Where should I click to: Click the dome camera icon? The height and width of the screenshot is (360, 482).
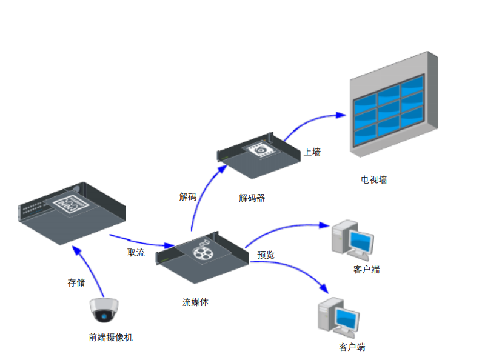tap(103, 311)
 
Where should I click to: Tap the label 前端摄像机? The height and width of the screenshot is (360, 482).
tap(110, 338)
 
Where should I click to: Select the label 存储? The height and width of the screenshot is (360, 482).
tap(76, 282)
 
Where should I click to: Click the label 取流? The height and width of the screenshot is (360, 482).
tap(136, 253)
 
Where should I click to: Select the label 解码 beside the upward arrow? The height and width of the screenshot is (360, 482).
tap(188, 197)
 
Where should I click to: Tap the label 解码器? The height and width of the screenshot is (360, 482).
tap(252, 198)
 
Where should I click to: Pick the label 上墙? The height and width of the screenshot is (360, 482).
tap(312, 152)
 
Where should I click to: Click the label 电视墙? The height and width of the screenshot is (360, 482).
tap(374, 179)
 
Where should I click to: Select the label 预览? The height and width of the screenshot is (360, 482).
tap(266, 255)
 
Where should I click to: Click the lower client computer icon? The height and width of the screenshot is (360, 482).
tap(338, 317)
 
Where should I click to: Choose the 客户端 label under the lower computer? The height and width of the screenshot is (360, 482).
tap(352, 347)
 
